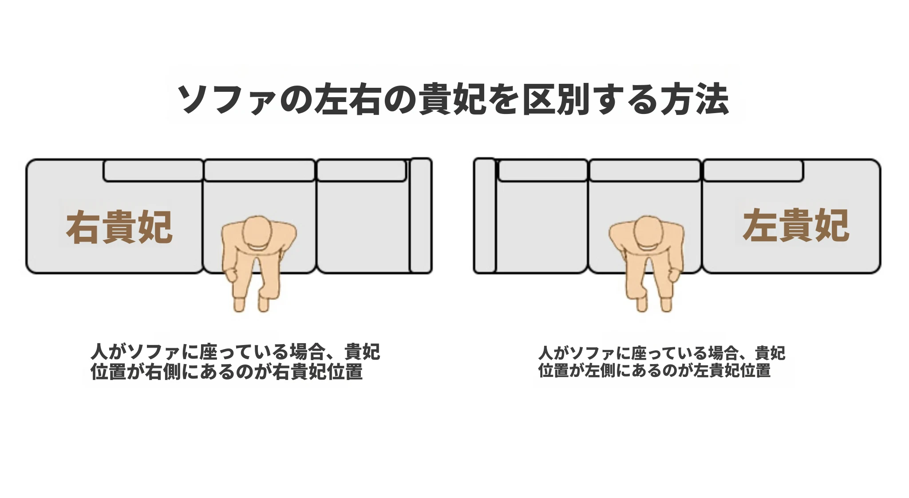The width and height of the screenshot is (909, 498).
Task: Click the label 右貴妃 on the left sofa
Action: point(119,227)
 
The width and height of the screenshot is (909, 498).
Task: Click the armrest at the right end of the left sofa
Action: point(420,216)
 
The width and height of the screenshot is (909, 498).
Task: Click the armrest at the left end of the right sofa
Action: point(485,216)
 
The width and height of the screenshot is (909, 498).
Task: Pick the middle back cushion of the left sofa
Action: point(260,171)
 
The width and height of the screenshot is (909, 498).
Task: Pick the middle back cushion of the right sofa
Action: point(645,171)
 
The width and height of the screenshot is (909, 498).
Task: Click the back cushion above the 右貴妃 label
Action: point(154,171)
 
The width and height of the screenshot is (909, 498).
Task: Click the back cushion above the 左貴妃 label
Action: point(753,171)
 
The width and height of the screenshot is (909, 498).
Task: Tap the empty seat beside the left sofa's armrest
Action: point(363,226)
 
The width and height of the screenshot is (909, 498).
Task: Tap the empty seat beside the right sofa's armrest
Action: point(542,226)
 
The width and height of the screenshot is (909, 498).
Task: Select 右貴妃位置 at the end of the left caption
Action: point(317,372)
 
